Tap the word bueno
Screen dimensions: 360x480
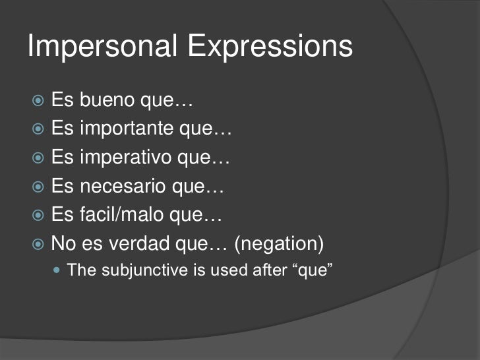109,102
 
